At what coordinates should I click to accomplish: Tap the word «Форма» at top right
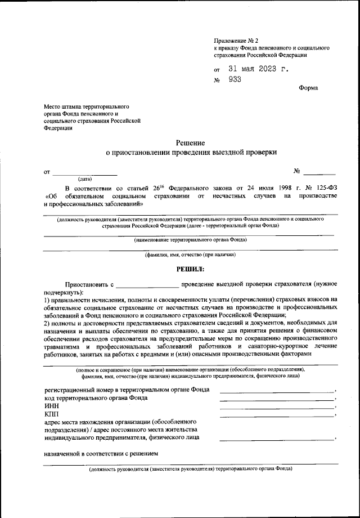[x=308, y=88]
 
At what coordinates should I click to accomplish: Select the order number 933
[x=235, y=80]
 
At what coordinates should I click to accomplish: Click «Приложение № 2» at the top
[x=236, y=41]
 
